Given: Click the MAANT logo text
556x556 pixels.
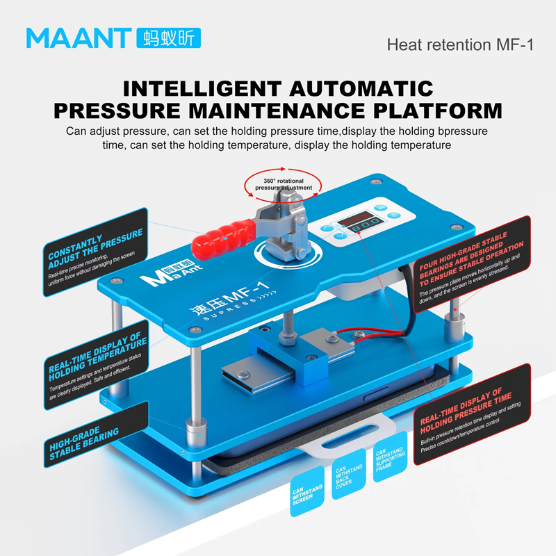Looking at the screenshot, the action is (79, 38).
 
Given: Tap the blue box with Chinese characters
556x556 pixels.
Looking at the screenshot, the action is (168, 38).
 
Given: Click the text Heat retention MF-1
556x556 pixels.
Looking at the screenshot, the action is (460, 45).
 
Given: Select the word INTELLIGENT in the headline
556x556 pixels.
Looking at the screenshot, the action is (202, 89).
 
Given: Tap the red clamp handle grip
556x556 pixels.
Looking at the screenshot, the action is (224, 236).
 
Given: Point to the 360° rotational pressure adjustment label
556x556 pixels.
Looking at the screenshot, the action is (284, 184).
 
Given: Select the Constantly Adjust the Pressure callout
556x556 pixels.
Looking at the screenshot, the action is (95, 252).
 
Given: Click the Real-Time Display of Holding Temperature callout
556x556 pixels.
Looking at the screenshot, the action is (96, 365).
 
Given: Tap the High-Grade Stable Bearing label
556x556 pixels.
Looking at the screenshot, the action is (96, 435).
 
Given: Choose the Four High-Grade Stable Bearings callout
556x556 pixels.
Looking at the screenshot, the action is (472, 264).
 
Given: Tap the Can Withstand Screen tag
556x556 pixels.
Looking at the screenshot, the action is (307, 491).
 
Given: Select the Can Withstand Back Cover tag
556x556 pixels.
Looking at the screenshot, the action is (349, 474).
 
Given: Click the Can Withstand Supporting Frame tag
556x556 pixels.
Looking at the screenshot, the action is (390, 457).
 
